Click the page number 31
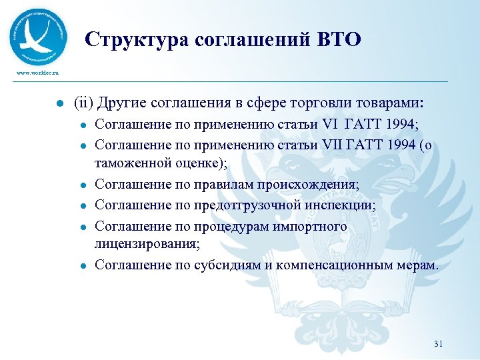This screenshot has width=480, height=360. pyautogui.click(x=438, y=344)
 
